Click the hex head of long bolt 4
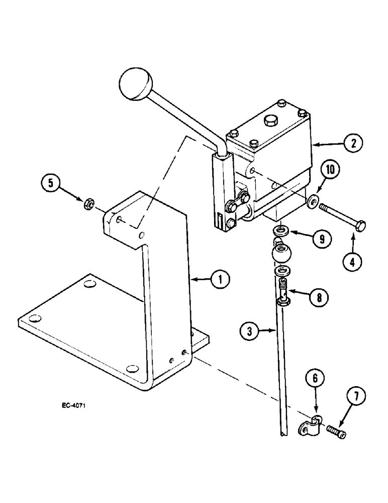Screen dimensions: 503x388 click(x=361, y=226)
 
